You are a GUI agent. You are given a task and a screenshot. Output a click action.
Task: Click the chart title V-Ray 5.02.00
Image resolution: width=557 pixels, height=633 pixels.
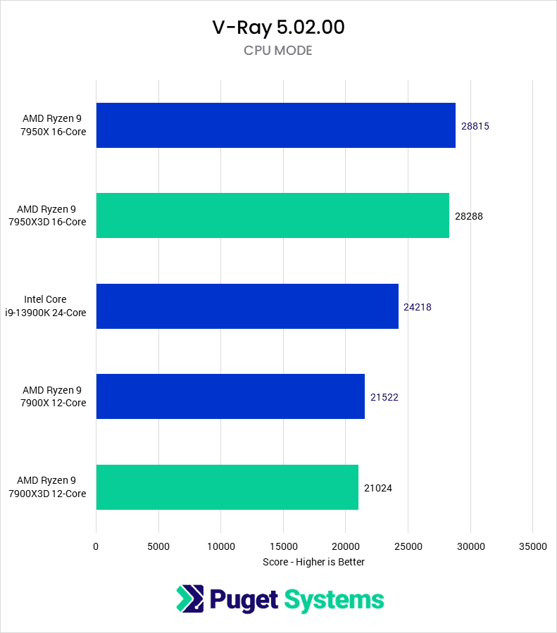click(x=278, y=27)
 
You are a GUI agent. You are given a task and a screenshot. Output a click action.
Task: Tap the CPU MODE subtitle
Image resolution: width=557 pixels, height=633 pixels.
click(x=278, y=51)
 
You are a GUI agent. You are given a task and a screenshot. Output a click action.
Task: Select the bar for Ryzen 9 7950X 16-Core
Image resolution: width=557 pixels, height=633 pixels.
click(x=275, y=125)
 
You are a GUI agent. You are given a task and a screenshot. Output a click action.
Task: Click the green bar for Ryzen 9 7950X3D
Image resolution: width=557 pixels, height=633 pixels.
click(x=273, y=215)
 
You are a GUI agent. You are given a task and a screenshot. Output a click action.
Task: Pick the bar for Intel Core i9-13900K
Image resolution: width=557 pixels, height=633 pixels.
click(x=247, y=306)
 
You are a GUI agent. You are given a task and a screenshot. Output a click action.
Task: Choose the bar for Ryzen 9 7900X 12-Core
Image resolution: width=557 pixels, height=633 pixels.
click(x=230, y=396)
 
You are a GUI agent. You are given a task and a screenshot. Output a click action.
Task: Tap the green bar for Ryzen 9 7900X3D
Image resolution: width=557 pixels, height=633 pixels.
click(x=227, y=487)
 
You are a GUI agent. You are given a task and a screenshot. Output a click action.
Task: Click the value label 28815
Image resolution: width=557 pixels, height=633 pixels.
click(x=475, y=126)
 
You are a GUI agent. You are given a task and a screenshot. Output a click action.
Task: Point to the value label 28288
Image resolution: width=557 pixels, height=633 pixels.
click(x=469, y=216)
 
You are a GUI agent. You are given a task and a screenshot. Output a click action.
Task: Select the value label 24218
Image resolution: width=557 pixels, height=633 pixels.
click(x=418, y=307)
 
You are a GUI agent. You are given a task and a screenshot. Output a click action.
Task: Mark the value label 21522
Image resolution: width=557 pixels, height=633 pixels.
click(x=384, y=397)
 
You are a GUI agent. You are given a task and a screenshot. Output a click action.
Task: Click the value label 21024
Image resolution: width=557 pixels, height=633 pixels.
click(x=378, y=487)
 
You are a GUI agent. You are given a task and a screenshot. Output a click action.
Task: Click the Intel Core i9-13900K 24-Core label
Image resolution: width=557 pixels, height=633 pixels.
click(x=55, y=306)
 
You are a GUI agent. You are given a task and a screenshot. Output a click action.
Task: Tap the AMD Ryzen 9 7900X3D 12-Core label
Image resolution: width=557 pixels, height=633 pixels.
click(x=48, y=487)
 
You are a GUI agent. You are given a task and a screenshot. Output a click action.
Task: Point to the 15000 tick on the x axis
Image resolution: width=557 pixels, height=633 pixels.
click(x=283, y=546)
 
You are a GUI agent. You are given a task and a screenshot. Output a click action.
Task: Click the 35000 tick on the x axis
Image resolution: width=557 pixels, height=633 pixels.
click(x=532, y=546)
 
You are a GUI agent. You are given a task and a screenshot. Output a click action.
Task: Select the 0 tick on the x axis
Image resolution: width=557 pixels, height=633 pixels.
click(x=96, y=546)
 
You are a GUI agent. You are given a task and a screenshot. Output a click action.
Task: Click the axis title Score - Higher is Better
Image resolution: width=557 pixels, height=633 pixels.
click(x=313, y=562)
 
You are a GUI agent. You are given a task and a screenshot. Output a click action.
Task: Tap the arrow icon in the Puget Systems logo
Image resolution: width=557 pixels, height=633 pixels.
click(x=189, y=599)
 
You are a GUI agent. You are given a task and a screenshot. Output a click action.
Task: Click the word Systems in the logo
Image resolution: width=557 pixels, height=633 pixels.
click(x=334, y=600)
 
